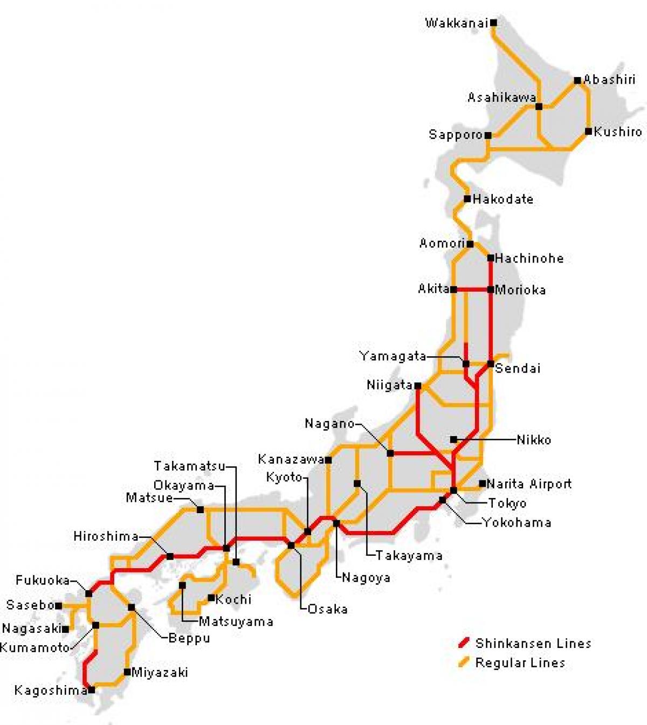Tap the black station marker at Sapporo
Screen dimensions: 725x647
pos(488,135)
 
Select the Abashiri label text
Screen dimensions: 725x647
pos(609,80)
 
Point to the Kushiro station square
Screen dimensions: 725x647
pos(588,132)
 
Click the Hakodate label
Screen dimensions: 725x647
pos(503,199)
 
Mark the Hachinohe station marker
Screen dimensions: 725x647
pos(491,258)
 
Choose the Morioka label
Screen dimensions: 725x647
pos(520,290)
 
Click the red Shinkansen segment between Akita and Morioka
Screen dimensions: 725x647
pos(472,289)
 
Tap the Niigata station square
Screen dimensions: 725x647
pos(418,385)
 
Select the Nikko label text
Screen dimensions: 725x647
pos(534,440)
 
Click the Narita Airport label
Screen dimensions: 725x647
pos(529,484)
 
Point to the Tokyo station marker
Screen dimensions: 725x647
pos(453,490)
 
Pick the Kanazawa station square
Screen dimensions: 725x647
pos(328,460)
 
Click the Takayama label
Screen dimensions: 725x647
pos(409,555)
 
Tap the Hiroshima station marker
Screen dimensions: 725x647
pos(170,556)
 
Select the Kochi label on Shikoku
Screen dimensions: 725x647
pos(233,599)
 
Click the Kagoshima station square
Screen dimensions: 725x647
pos(92,689)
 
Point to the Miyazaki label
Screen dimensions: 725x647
pos(160,673)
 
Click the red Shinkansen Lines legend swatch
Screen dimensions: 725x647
pos(463,643)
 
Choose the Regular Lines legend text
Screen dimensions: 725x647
pos(520,662)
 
